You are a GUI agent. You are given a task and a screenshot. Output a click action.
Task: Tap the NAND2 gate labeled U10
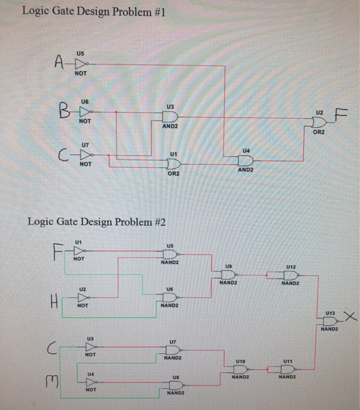239,370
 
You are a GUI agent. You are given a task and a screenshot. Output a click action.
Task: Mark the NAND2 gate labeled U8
174,385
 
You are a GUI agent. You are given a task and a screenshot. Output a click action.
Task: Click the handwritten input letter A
60,61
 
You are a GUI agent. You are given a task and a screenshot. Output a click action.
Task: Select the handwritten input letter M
52,383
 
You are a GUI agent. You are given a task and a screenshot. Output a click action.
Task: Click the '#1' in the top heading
157,12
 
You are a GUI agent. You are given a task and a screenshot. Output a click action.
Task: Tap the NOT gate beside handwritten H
83,298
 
